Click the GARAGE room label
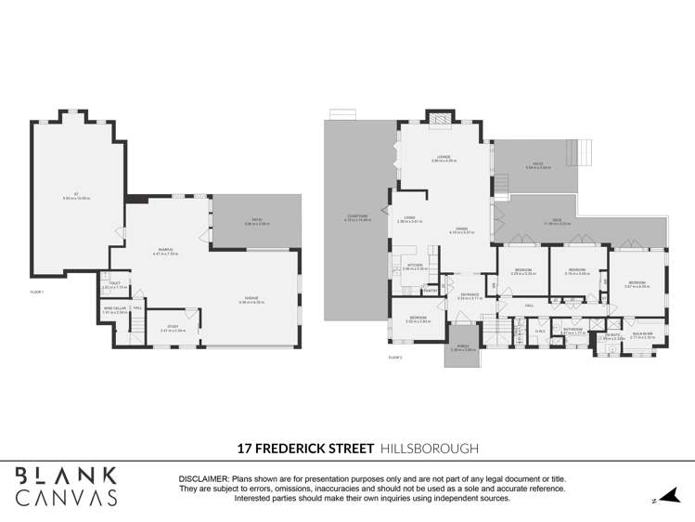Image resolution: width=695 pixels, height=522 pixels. pyautogui.click(x=251, y=300)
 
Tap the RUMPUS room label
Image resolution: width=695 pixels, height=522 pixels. pyautogui.click(x=166, y=251)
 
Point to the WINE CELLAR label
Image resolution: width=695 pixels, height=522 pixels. pyautogui.click(x=114, y=309)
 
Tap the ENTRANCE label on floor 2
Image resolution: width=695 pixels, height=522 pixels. pyautogui.click(x=470, y=295)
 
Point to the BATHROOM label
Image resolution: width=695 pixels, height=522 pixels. pyautogui.click(x=573, y=329)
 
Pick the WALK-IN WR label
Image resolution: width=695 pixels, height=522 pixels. pyautogui.click(x=642, y=333)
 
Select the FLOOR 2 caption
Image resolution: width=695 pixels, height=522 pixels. pyautogui.click(x=396, y=357)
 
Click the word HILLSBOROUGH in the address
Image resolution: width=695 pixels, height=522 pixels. pyautogui.click(x=430, y=448)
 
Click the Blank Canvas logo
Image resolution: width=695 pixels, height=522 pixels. pyautogui.click(x=67, y=485)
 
